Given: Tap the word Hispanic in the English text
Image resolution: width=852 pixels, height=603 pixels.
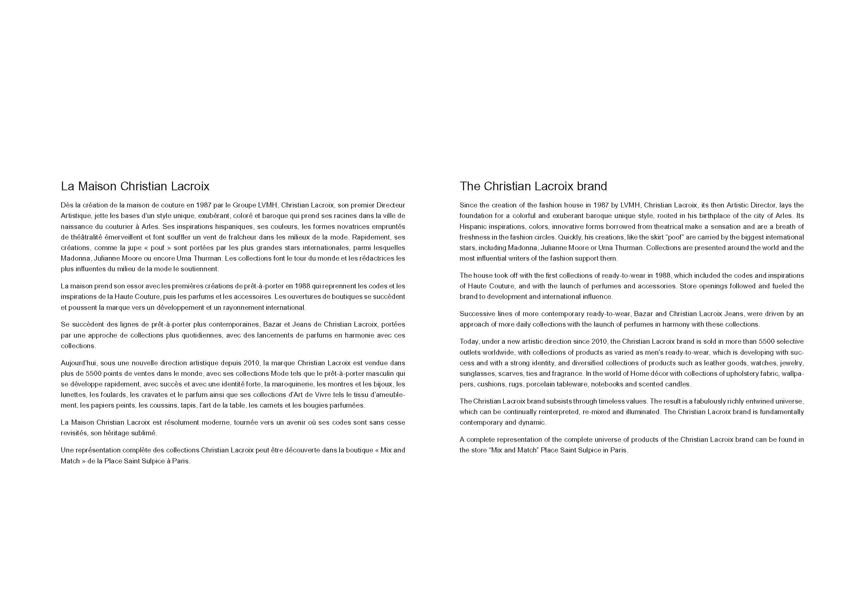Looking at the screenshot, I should tap(472, 226).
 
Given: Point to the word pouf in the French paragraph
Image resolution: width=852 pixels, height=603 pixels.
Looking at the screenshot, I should tap(158, 248).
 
